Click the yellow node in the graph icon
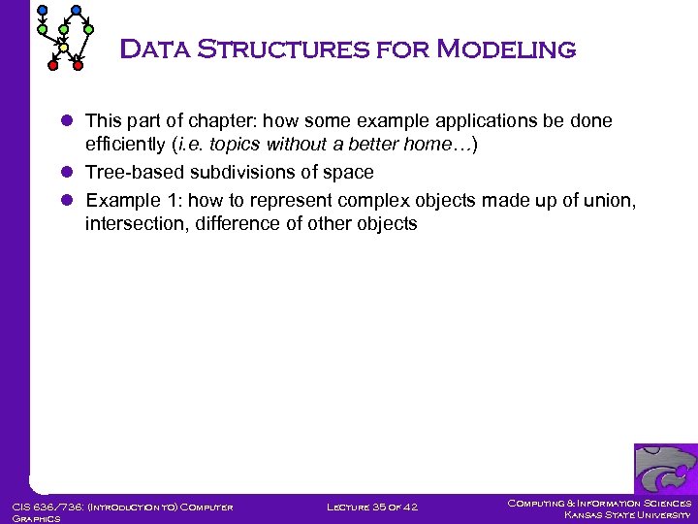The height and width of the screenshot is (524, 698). pos(64,47)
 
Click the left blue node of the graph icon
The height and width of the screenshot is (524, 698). pos(41,11)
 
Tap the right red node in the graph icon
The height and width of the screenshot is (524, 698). pos(79,66)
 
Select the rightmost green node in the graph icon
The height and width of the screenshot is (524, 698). pos(88,30)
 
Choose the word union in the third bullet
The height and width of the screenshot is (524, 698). pos(610,200)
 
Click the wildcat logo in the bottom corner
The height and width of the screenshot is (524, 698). pos(664,470)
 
